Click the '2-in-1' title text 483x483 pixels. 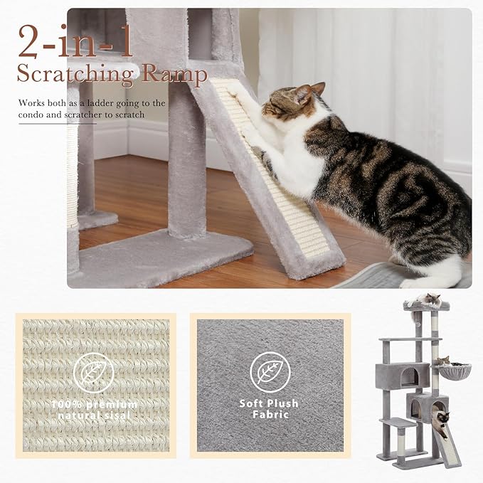point(75,41)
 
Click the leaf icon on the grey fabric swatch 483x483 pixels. point(268,372)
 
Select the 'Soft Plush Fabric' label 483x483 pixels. point(269,408)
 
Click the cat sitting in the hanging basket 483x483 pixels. point(442,361)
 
